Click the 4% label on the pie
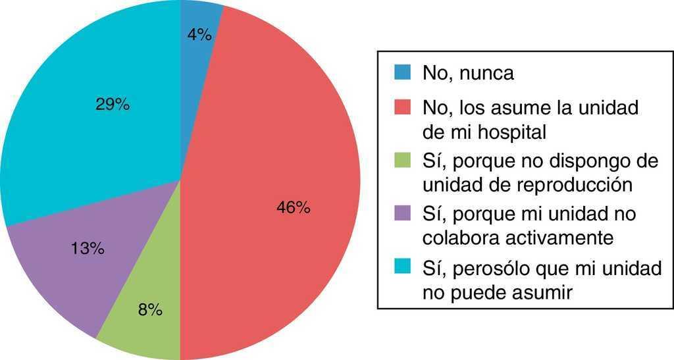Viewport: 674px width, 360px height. tap(199, 35)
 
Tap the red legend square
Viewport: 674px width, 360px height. tap(401, 106)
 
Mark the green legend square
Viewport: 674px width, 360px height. tap(401, 159)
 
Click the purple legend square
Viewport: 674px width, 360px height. tap(401, 213)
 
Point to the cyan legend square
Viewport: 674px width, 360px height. tap(401, 266)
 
